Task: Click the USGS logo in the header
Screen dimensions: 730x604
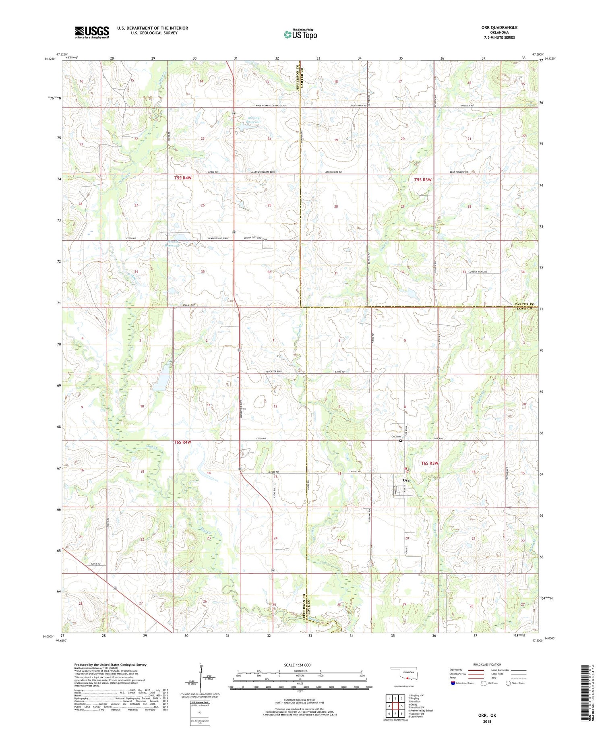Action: [x=92, y=32]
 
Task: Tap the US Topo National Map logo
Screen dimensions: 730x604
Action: [x=300, y=34]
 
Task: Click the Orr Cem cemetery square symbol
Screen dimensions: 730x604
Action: [x=401, y=440]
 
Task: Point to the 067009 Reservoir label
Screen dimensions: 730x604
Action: [x=248, y=120]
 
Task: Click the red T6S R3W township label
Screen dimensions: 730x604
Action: [x=429, y=463]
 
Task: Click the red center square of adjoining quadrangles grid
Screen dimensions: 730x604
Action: [x=395, y=706]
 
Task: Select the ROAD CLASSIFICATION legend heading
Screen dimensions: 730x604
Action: [x=487, y=664]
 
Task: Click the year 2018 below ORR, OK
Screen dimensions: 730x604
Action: [x=487, y=721]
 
